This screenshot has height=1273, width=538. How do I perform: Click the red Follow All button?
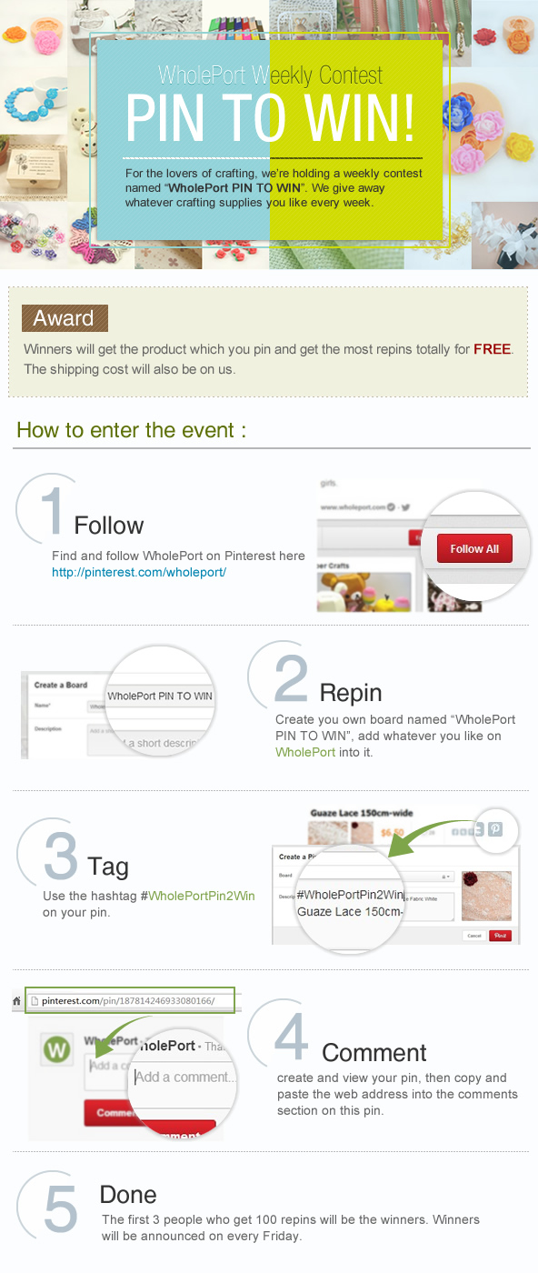[x=474, y=548]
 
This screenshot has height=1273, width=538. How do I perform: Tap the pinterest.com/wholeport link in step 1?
[x=139, y=572]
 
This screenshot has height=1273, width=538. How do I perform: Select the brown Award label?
[x=65, y=318]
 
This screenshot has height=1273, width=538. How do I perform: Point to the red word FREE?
[x=492, y=349]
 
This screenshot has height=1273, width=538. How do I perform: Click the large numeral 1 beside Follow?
[x=52, y=511]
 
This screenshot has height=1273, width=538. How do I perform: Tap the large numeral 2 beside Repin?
[x=291, y=678]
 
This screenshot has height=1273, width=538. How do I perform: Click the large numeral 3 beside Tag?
[x=60, y=856]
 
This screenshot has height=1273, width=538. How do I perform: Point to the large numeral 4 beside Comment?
[x=291, y=1037]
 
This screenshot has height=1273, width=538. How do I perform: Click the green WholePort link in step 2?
[x=305, y=752]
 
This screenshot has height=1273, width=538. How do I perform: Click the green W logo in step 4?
[x=57, y=1050]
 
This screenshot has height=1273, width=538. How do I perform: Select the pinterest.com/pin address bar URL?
[x=128, y=1000]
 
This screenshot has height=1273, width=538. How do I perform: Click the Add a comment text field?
[x=185, y=1077]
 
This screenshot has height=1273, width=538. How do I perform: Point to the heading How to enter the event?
[x=131, y=430]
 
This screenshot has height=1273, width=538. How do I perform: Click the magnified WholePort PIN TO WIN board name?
[x=160, y=696]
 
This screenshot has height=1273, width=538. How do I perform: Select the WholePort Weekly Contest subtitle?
[x=270, y=75]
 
